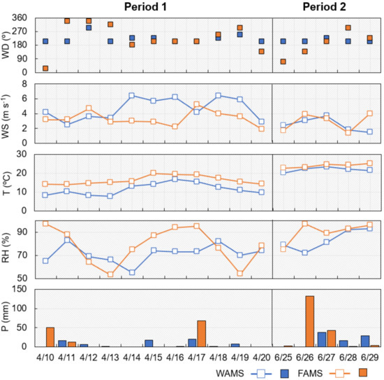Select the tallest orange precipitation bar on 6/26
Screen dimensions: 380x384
(309, 321)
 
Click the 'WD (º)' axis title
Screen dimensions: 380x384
(6, 43)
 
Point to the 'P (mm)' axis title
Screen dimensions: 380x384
(6, 316)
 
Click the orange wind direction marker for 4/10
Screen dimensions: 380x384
(45, 68)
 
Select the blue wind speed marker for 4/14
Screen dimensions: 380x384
(132, 95)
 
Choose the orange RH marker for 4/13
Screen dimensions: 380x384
(110, 274)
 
